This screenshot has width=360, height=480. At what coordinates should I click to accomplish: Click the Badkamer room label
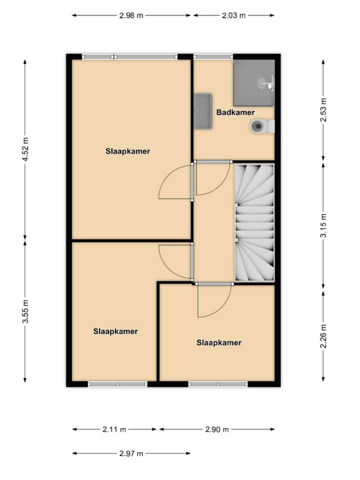pos(235,112)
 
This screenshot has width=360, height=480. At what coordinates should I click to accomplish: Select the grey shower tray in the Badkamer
pos(254,82)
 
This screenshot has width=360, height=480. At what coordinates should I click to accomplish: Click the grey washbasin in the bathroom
pos(203,110)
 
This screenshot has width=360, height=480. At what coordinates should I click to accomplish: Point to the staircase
pos(254,222)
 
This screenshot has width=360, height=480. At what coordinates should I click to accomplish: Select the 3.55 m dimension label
pos(25,311)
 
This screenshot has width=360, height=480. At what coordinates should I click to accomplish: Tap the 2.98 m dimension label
pos(131,15)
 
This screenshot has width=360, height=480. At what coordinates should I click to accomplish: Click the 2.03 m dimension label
pos(233,15)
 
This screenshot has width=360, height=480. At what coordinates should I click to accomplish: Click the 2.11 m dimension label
pos(115,429)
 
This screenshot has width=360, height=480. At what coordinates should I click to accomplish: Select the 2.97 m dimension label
pos(131,453)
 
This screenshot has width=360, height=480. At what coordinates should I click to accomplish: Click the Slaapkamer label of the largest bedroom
pos(128,150)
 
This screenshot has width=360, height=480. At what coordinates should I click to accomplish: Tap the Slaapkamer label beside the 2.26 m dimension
pos(219,342)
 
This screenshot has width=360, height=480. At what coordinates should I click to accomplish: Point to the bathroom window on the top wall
pos(213,57)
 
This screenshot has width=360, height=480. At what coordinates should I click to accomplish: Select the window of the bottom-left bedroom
pos(117,384)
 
